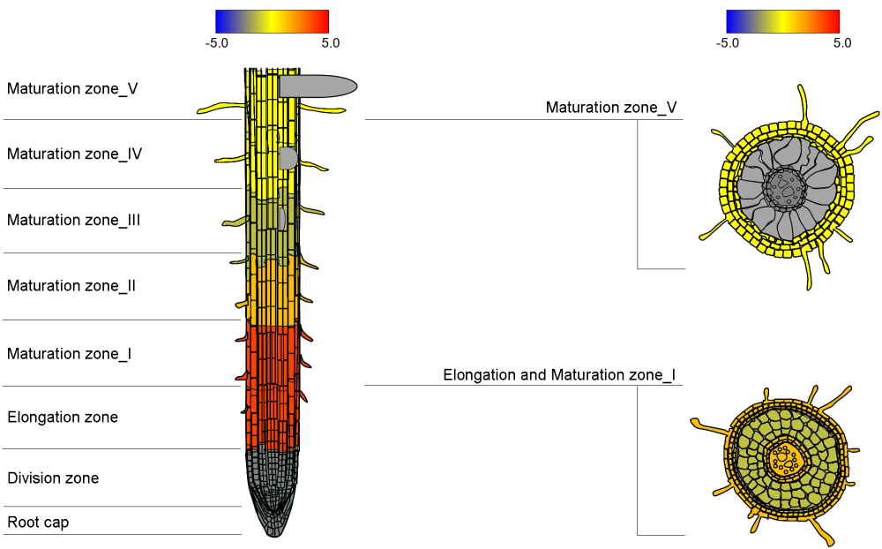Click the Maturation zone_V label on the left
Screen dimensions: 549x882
72,88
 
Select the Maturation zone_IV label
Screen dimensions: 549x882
75,154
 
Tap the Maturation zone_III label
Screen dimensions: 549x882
74,220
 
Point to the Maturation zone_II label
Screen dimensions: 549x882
71,286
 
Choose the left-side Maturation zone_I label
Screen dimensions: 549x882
70,354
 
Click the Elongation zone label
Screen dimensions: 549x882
63,417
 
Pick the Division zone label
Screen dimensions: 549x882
53,478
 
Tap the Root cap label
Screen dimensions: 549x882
38,523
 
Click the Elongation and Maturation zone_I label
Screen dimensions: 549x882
559,375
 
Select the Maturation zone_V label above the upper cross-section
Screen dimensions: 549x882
611,108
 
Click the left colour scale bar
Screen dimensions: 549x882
272,21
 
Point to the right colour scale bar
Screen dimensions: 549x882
782,21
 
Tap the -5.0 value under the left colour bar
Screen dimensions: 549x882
217,42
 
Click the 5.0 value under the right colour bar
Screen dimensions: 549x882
842,42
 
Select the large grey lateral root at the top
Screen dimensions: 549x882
318,86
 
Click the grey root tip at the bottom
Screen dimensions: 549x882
272,508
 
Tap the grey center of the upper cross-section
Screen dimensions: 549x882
784,186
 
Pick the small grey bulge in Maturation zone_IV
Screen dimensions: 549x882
288,158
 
